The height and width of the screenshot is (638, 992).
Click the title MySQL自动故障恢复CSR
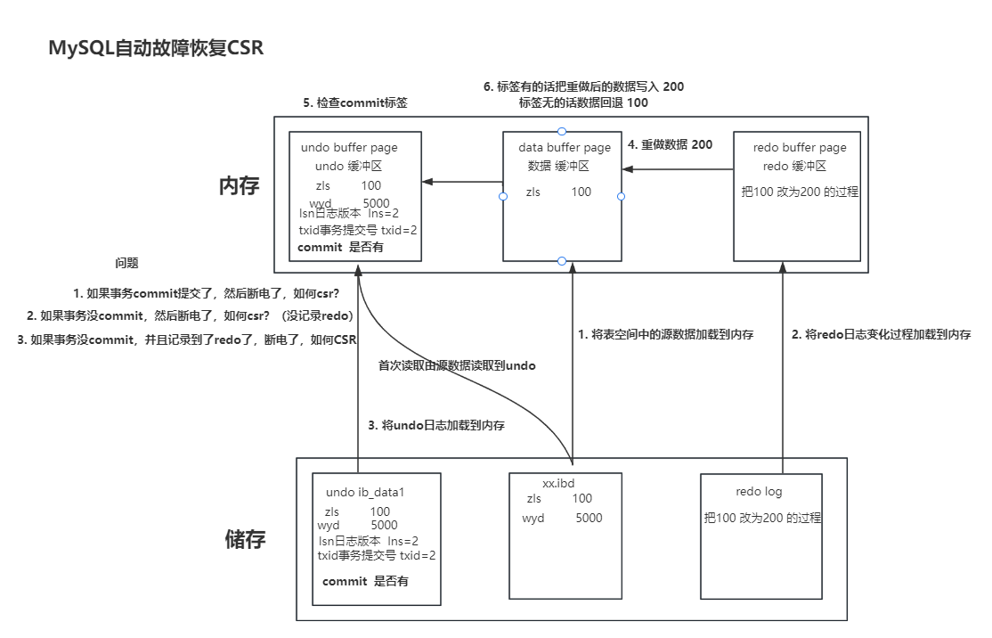156,48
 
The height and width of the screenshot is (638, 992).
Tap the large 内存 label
239,186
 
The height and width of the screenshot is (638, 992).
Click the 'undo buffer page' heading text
349,147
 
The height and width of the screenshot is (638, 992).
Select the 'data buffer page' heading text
565,147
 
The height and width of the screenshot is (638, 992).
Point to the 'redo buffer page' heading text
800,147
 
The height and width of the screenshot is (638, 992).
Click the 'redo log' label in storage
759,492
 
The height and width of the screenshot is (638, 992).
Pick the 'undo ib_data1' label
366,492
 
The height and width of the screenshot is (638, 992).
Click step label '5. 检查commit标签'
354,102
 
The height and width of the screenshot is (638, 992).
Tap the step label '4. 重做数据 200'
670,144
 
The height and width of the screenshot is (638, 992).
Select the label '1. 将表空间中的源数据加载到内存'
666,335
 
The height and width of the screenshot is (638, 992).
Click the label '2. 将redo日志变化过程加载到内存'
881,335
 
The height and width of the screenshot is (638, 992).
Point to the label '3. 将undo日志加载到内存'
436,426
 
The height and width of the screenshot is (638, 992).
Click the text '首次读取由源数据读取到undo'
457,365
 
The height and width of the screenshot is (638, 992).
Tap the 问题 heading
126,264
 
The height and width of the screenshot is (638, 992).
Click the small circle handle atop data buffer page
562,132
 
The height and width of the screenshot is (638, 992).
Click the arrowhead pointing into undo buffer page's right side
428,182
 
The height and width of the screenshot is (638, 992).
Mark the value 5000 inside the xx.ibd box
589,518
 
